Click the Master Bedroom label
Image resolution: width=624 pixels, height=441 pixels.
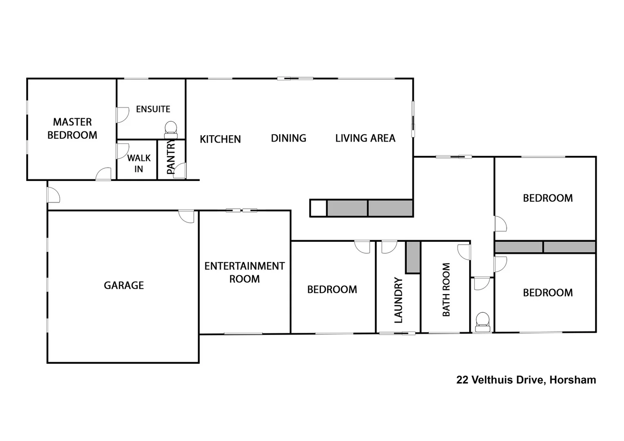click(x=72, y=128)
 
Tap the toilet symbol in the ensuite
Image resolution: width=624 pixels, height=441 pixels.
click(x=171, y=129)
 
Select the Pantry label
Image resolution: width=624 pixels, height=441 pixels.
click(x=171, y=157)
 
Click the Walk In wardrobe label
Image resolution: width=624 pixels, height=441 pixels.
click(x=138, y=163)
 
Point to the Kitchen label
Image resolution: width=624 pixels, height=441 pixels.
click(x=220, y=139)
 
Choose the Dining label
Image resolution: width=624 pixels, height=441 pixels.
click(x=288, y=138)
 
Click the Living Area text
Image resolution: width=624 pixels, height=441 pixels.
click(x=365, y=138)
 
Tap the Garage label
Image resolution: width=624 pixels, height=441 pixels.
click(x=124, y=285)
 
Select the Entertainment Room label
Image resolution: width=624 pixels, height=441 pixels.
click(x=244, y=272)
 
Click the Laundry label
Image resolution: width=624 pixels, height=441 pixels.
click(x=398, y=300)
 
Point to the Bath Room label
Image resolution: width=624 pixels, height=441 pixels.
click(x=446, y=290)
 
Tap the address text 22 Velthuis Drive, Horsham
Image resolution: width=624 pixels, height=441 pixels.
click(x=526, y=380)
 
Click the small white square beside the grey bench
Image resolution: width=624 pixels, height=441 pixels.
click(x=318, y=208)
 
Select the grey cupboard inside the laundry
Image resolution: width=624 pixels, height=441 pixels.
click(x=413, y=257)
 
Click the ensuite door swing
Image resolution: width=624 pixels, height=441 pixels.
click(x=123, y=115)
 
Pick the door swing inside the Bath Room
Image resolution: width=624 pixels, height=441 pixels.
click(x=464, y=252)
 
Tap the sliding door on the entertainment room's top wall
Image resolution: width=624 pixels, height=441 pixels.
click(x=242, y=210)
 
